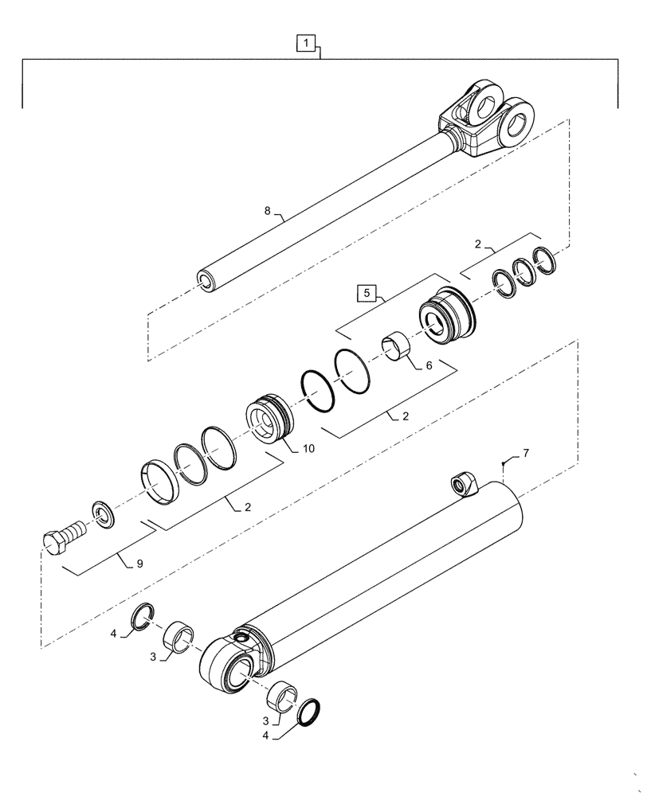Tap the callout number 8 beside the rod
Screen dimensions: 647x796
click(x=268, y=212)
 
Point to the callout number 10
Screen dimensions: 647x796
click(x=308, y=449)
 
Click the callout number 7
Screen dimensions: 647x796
click(x=525, y=454)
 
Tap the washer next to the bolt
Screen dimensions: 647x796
click(x=103, y=513)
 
